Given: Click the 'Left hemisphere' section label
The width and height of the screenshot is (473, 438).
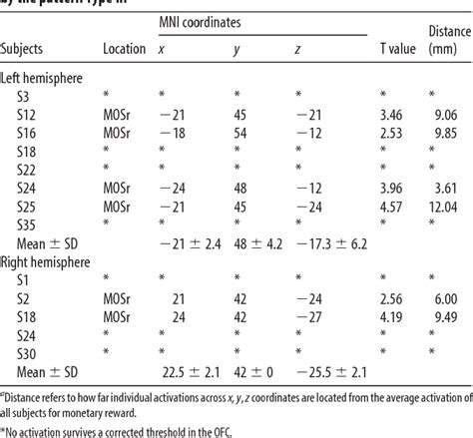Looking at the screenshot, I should click(x=47, y=76).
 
